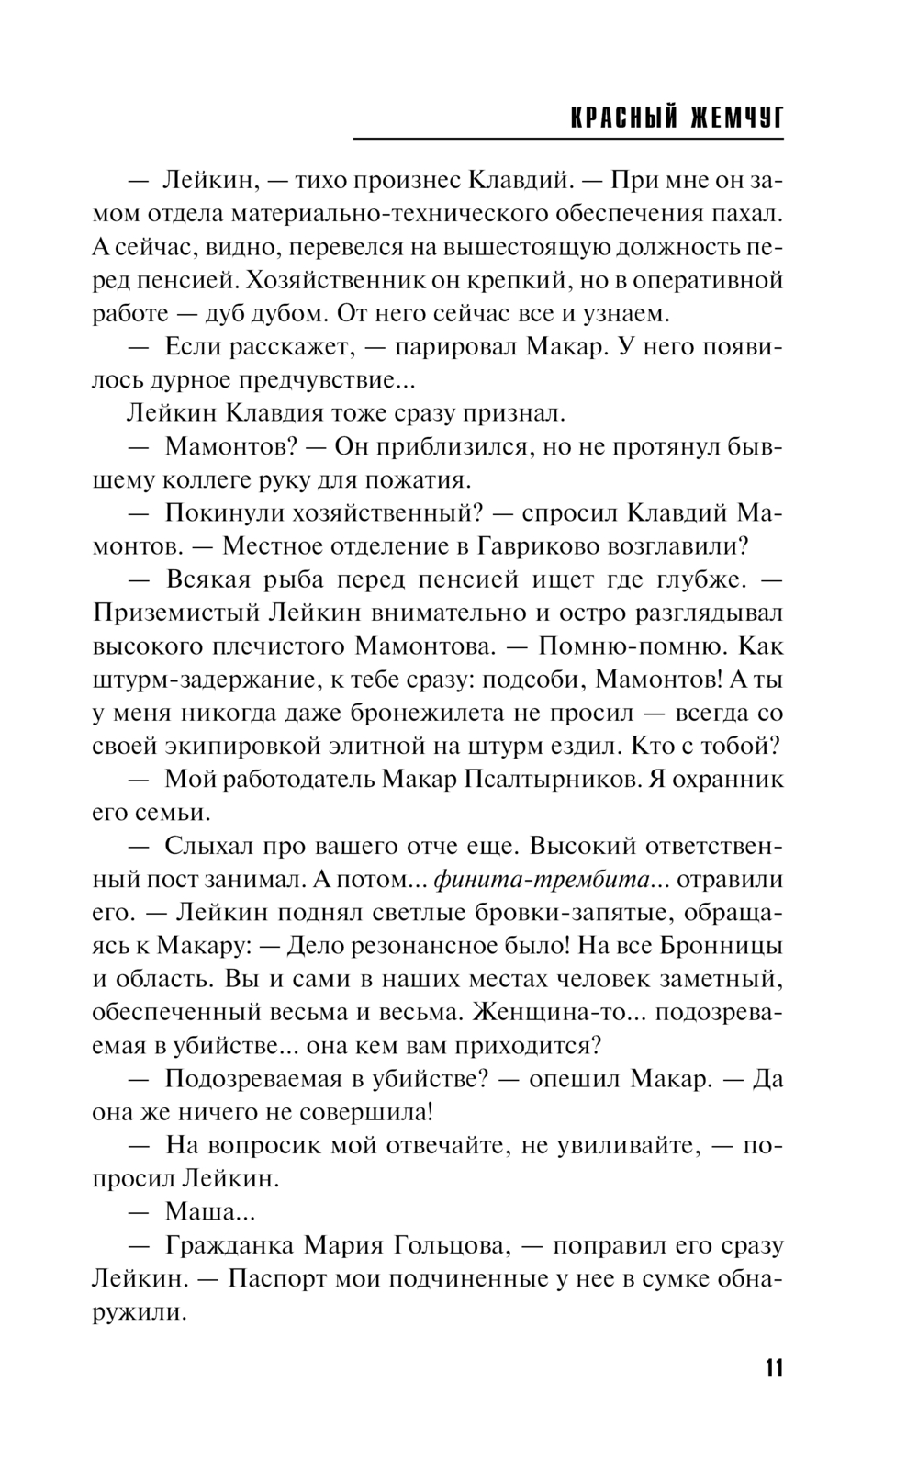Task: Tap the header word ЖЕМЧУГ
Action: point(736,118)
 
